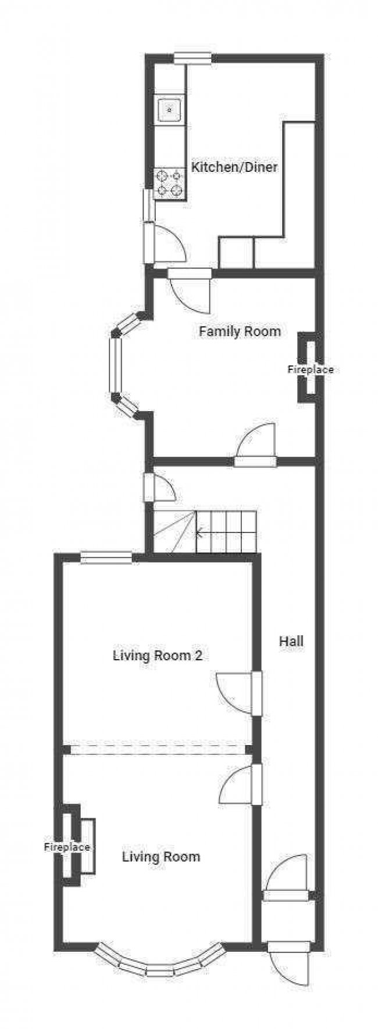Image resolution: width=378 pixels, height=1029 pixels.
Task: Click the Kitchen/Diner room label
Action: pos(234,168)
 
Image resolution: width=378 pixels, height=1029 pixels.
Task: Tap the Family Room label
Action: pos(240,332)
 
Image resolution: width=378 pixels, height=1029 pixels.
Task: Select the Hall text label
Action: pos(291,641)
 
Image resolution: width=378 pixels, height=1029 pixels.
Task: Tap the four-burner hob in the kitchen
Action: pos(170,182)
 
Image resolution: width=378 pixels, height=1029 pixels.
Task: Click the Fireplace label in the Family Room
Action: pos(311,369)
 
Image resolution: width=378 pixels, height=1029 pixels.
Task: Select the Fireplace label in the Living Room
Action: pos(67,847)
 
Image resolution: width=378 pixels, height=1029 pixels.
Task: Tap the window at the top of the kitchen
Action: pos(192,57)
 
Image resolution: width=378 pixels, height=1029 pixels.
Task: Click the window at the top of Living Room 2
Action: pos(106,557)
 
